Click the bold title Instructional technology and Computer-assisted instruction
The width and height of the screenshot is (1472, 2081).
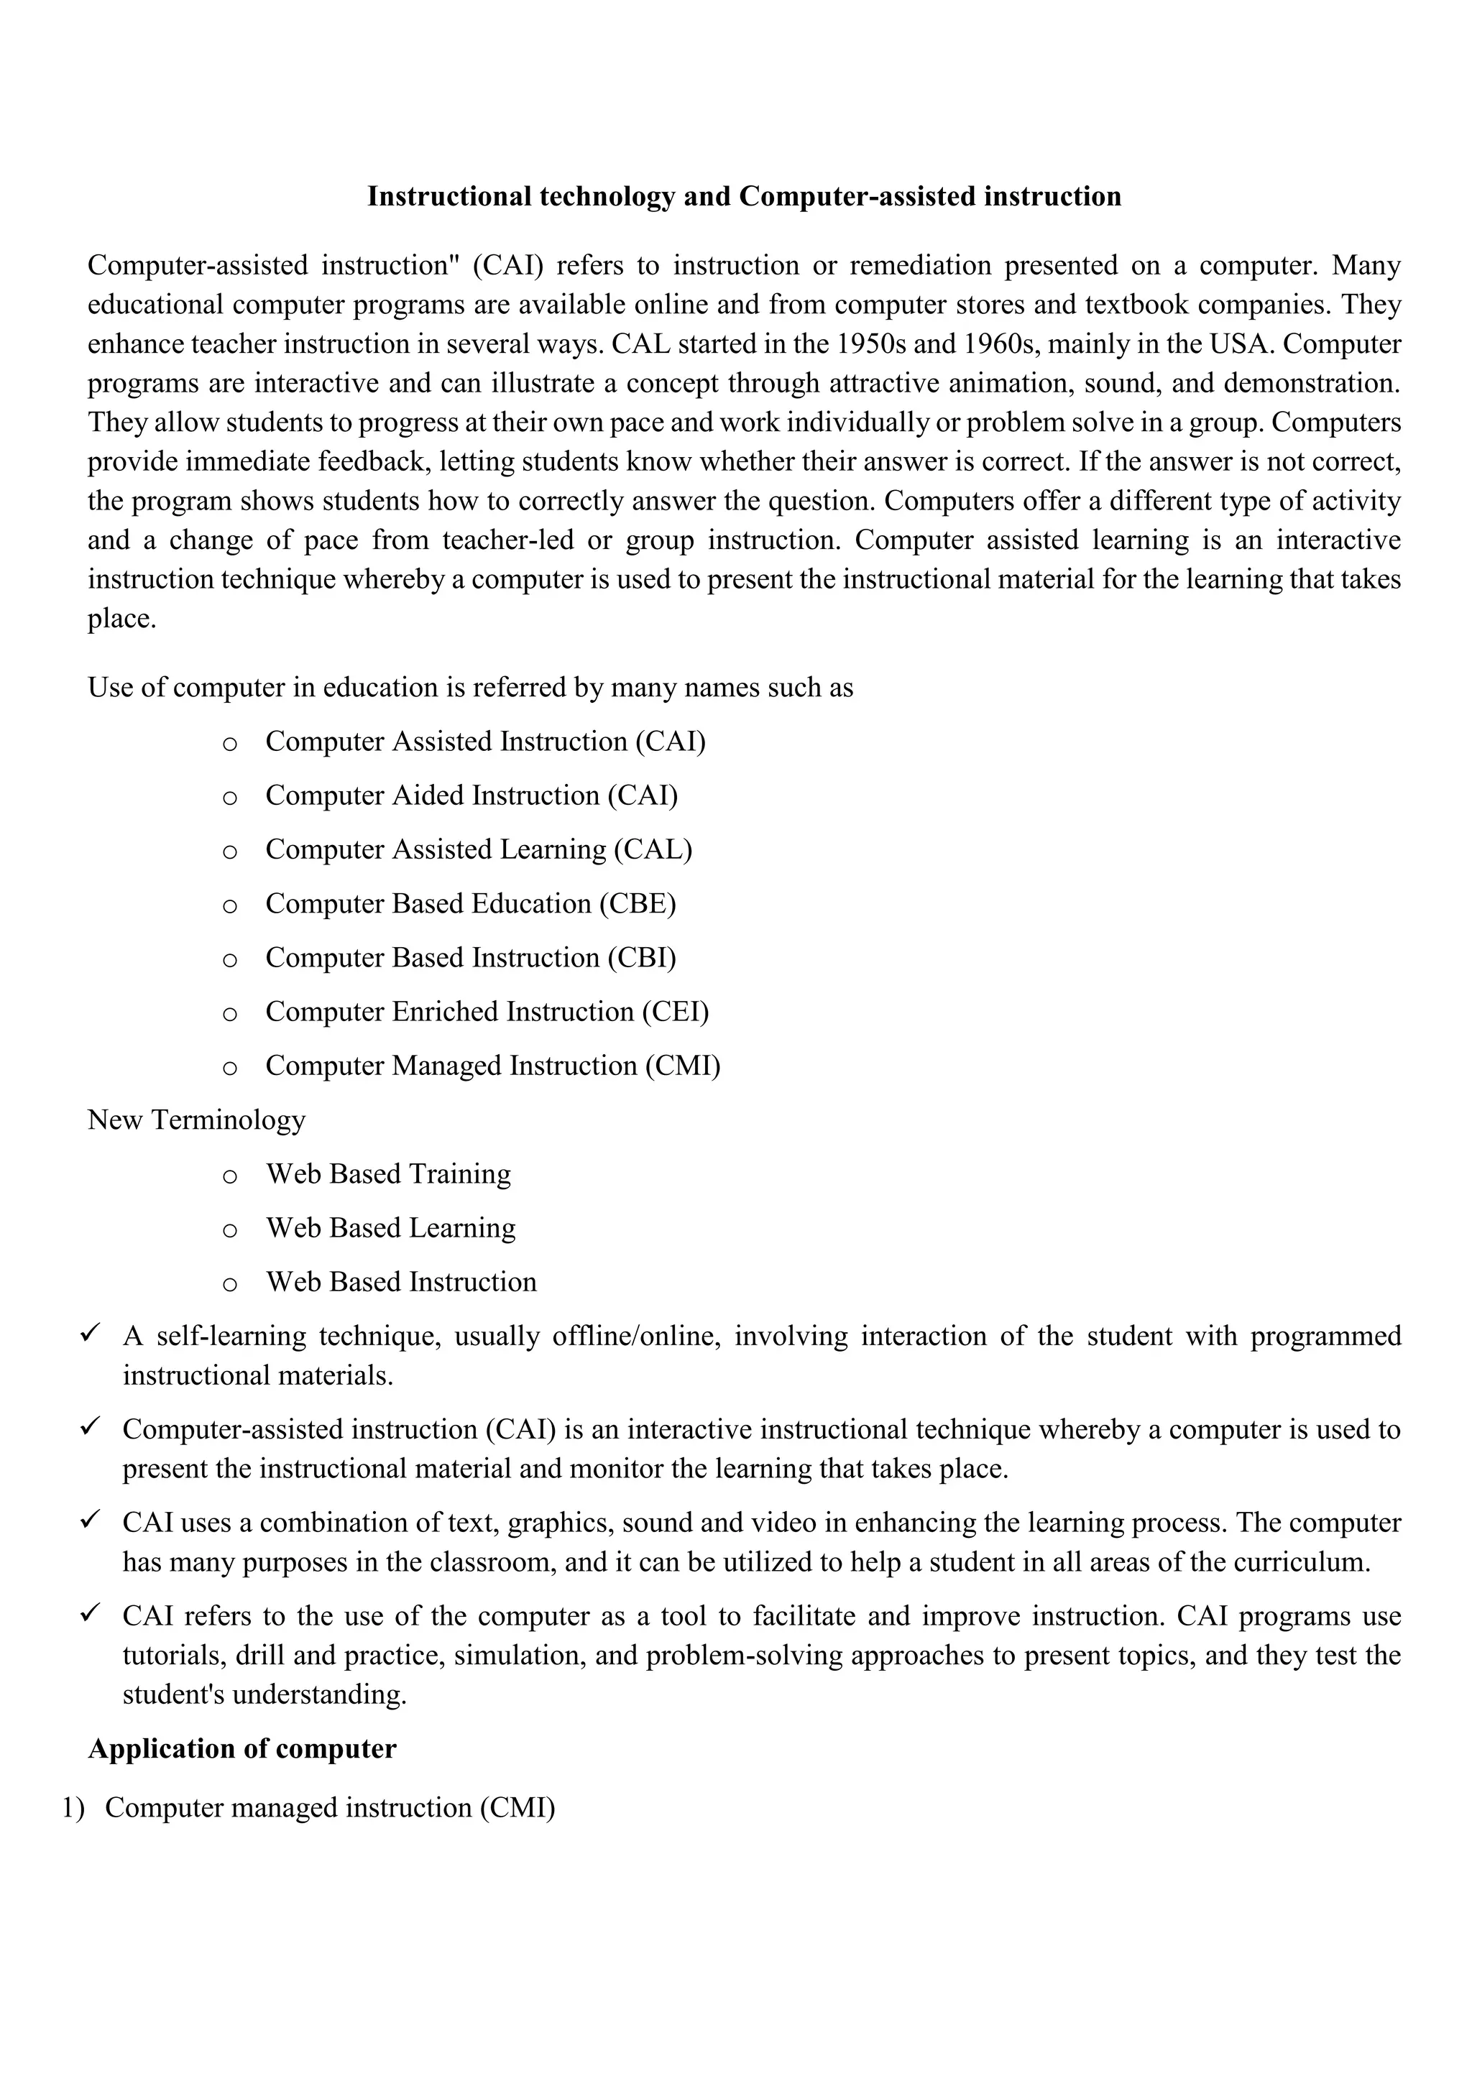743,197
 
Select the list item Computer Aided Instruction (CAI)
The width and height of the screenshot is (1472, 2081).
471,795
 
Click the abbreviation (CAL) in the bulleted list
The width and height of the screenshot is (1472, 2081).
653,850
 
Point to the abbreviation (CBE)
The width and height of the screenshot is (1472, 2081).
638,905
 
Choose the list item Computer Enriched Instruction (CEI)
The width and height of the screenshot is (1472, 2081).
487,1012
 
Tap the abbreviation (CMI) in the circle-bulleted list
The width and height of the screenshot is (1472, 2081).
683,1066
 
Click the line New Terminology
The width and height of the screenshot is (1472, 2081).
197,1120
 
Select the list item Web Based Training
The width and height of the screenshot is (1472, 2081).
388,1175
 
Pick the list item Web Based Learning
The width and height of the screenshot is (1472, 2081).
391,1228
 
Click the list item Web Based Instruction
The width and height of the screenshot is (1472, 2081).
400,1283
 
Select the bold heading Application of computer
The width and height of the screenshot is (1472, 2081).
242,1749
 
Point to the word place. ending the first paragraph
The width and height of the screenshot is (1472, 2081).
121,619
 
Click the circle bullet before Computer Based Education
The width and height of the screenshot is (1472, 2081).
229,906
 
